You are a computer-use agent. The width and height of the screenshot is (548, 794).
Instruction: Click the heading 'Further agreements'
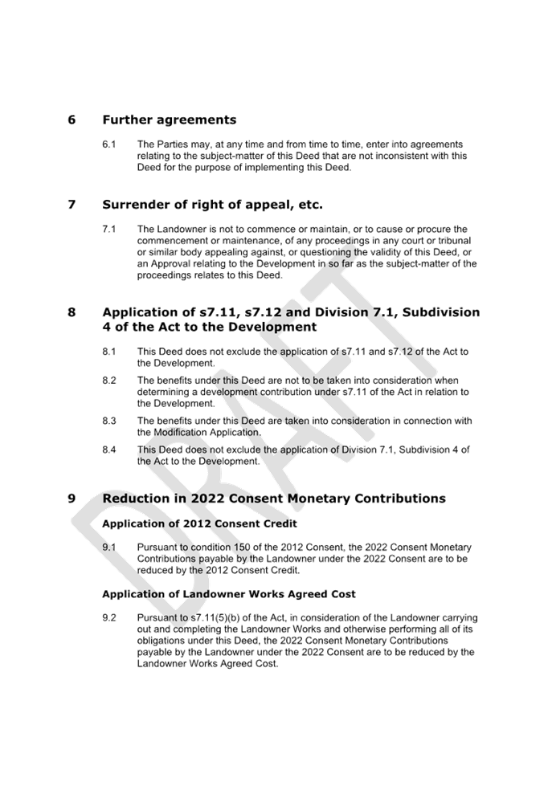170,120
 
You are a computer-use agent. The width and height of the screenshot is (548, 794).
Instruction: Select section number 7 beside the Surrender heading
72,205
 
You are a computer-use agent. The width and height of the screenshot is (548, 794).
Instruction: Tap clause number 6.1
109,145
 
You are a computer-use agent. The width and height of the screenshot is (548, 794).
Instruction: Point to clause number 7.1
109,230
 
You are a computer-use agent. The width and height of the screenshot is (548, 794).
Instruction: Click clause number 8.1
109,352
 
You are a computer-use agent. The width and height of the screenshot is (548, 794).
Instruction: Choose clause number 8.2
109,381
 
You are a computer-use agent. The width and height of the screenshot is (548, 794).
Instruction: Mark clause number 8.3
109,421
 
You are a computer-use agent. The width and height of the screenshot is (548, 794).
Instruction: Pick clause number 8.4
109,450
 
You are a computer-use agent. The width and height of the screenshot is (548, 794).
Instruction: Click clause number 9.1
109,548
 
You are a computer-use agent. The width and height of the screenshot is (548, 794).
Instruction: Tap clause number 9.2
109,618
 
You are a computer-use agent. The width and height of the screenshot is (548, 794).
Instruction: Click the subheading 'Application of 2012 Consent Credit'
200,523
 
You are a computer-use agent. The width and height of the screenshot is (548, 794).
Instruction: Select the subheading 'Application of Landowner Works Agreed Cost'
229,594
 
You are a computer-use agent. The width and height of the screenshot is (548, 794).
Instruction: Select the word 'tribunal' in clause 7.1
455,241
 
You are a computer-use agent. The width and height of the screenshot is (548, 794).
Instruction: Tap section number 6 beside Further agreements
72,120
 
